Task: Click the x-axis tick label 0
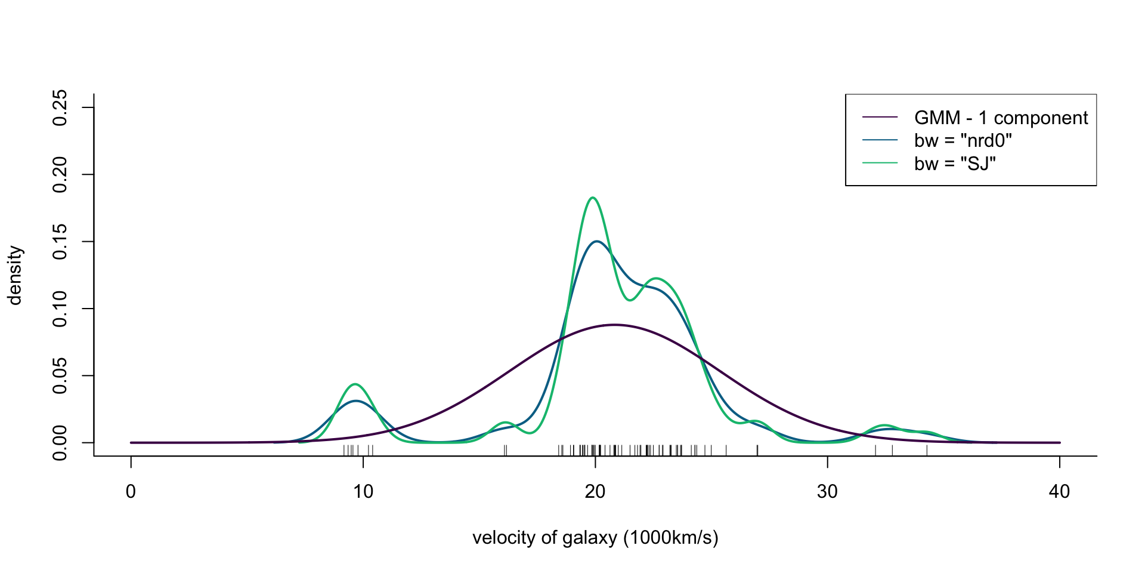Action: coord(131,492)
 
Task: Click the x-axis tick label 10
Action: coord(363,492)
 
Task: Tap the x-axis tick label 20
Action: coord(595,492)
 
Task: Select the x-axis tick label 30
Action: coord(827,492)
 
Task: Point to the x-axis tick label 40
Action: coord(1059,492)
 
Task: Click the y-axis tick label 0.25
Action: coord(60,107)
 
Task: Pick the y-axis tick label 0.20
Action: coord(60,174)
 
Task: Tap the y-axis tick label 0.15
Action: coord(60,242)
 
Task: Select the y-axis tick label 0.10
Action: coord(60,309)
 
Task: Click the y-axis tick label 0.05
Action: coord(60,376)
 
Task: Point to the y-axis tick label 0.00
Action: coord(60,443)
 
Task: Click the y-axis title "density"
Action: coord(15,275)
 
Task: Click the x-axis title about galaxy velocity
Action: coord(595,538)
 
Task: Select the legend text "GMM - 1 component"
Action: coord(1001,118)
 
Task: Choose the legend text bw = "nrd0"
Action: coord(963,140)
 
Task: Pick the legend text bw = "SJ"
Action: coord(955,163)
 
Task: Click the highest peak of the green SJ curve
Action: coord(592,198)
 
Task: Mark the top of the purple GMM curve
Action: coord(614,325)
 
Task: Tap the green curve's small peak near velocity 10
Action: coord(355,384)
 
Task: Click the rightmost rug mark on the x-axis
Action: coord(927,449)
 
